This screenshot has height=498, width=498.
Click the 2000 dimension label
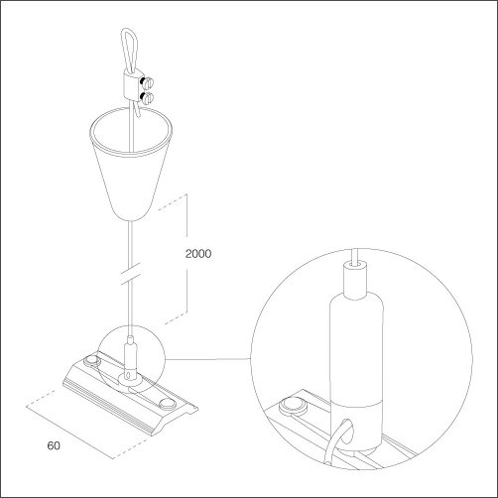(198, 254)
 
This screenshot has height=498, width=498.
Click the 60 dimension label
(54, 445)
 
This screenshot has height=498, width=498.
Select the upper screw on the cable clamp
(148, 81)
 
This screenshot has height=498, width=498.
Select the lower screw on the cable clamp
(148, 97)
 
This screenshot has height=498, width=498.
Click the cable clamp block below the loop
(132, 86)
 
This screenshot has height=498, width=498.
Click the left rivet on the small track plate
(91, 361)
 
